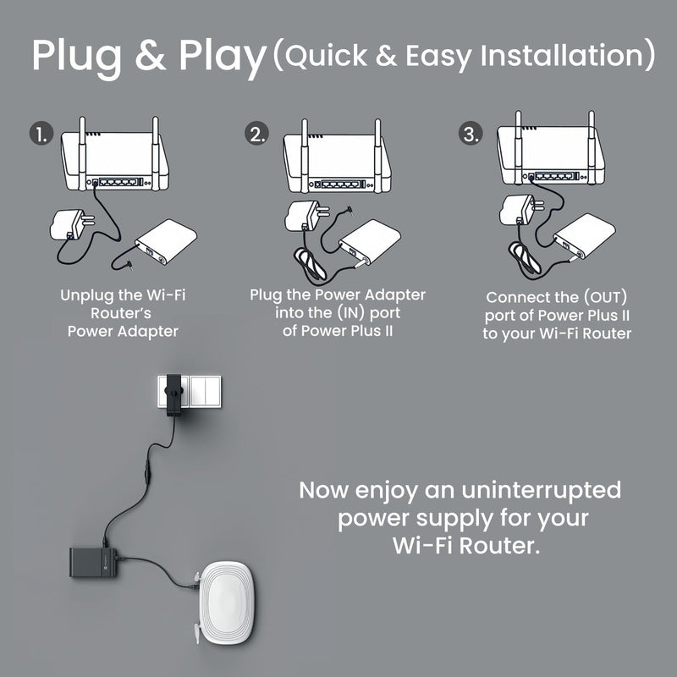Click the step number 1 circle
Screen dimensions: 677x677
pyautogui.click(x=40, y=135)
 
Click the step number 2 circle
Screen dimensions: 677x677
pyautogui.click(x=257, y=135)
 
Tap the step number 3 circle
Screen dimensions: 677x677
pyautogui.click(x=471, y=135)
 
